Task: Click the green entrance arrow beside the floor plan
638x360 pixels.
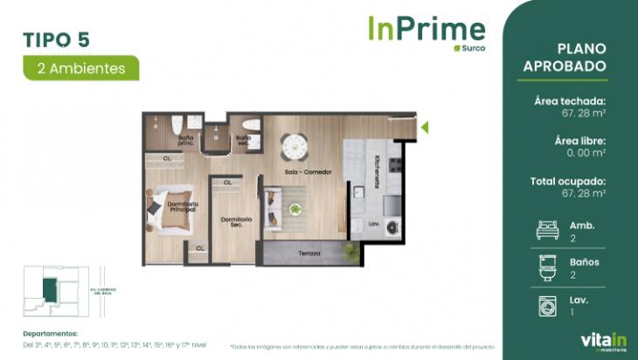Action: (x=425, y=128)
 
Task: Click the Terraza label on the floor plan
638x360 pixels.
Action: (x=309, y=253)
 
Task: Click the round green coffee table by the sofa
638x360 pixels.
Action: (x=295, y=209)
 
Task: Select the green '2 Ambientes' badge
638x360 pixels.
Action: (x=81, y=67)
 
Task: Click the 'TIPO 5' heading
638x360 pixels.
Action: (x=56, y=39)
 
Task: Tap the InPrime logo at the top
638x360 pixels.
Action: (x=425, y=29)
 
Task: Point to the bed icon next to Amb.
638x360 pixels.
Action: (x=545, y=231)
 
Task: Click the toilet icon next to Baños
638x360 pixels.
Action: (x=545, y=267)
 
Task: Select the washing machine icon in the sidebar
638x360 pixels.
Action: (x=545, y=305)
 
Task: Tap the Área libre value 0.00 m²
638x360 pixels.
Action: (x=581, y=154)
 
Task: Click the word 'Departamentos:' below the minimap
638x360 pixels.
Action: (x=51, y=333)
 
